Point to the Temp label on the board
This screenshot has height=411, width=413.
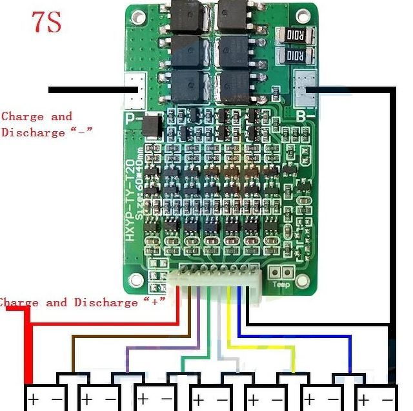click(281, 284)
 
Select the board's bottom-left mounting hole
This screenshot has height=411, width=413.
click(137, 279)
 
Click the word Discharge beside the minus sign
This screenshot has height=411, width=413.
click(34, 132)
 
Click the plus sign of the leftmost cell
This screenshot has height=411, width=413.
click(33, 399)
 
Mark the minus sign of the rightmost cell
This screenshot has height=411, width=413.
click(387, 399)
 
